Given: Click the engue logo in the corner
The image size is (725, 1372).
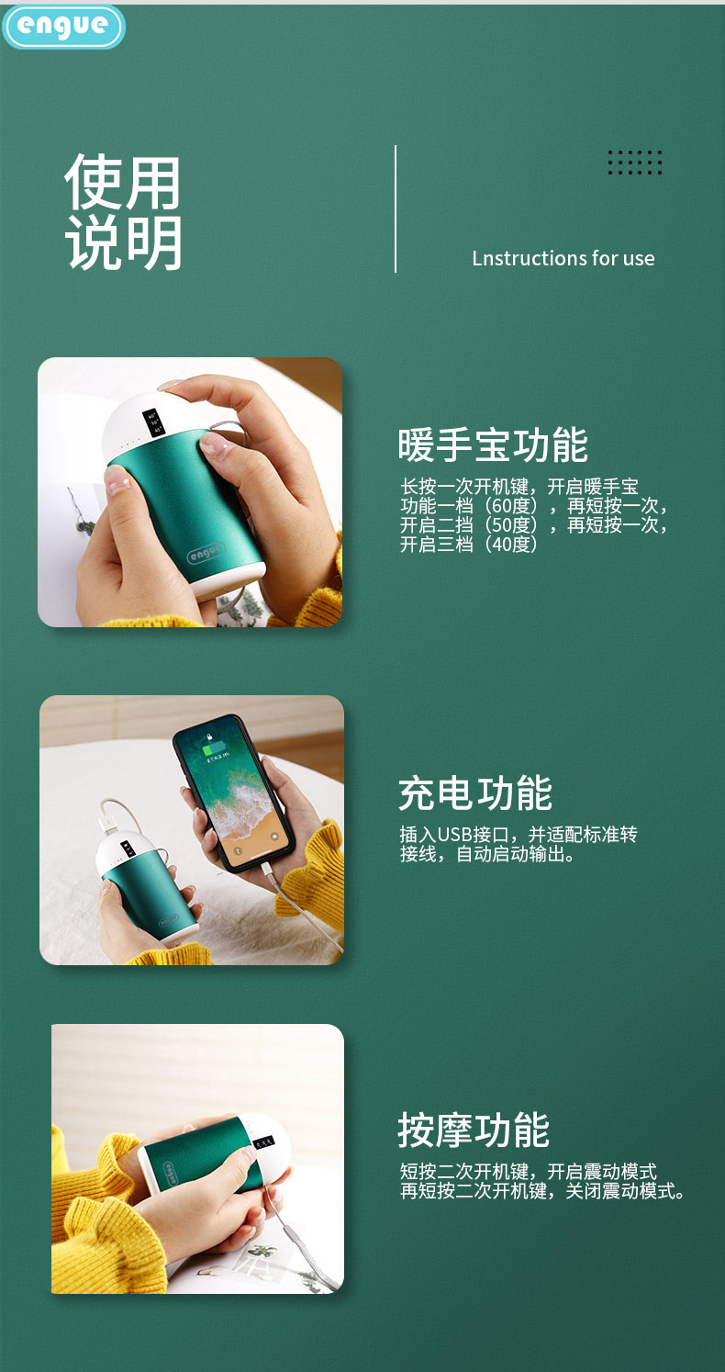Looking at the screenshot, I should tap(62, 27).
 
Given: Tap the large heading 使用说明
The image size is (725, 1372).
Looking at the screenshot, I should tap(123, 212).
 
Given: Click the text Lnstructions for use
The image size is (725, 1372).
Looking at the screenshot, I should tap(563, 258).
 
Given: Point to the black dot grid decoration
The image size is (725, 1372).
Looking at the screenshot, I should tap(634, 163).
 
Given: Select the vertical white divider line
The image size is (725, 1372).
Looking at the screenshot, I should tap(396, 208).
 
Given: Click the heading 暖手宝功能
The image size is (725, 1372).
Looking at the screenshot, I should tap(493, 445).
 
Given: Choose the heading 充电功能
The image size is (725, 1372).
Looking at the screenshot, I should tap(474, 793).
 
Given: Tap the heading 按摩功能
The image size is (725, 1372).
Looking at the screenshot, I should tap(473, 1130).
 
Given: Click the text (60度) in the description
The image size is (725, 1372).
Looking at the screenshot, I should tap(512, 506).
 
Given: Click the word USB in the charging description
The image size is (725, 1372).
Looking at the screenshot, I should tap(453, 835).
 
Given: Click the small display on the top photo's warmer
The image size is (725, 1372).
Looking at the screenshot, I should tap(154, 423).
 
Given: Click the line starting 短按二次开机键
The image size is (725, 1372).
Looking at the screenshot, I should tap(528, 1172).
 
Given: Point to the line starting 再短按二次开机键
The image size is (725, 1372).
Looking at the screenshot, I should tap(542, 1192).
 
